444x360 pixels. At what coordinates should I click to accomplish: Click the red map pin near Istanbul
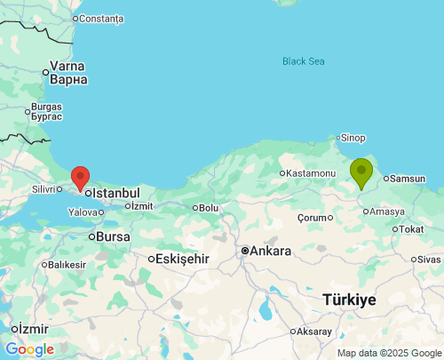click(80, 177)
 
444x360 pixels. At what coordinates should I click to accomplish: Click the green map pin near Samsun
click(361, 172)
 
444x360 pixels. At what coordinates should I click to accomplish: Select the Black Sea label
click(304, 61)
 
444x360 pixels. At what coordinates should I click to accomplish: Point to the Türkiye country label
click(349, 300)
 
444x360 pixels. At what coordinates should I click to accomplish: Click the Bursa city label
click(112, 237)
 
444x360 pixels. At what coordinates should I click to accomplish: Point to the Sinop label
click(353, 138)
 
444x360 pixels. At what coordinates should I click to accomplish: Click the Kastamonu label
click(311, 172)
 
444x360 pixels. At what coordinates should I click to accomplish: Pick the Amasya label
click(387, 212)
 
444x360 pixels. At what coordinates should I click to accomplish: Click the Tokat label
click(411, 229)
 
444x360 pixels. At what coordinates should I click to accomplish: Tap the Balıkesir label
click(67, 265)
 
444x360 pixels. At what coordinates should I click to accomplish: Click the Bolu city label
click(209, 208)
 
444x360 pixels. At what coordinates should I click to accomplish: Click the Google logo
click(29, 349)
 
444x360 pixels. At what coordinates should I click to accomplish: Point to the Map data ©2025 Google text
click(388, 353)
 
